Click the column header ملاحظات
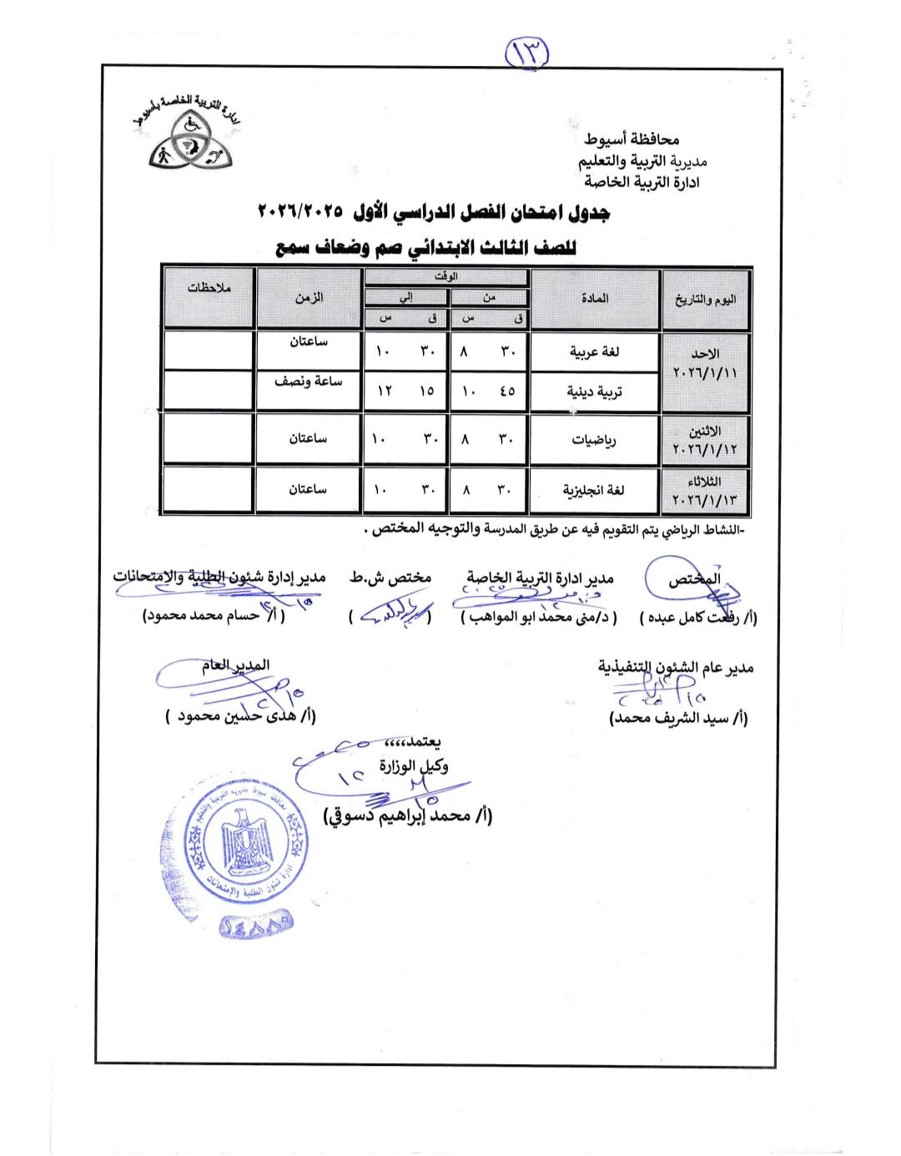click(209, 288)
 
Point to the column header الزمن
click(309, 297)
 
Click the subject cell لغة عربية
click(594, 352)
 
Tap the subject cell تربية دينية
click(594, 391)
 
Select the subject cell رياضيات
click(594, 440)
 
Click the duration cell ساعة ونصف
click(309, 381)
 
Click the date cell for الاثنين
click(706, 440)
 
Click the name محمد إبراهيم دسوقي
click(408, 815)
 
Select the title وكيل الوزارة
click(414, 765)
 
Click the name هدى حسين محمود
click(241, 715)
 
